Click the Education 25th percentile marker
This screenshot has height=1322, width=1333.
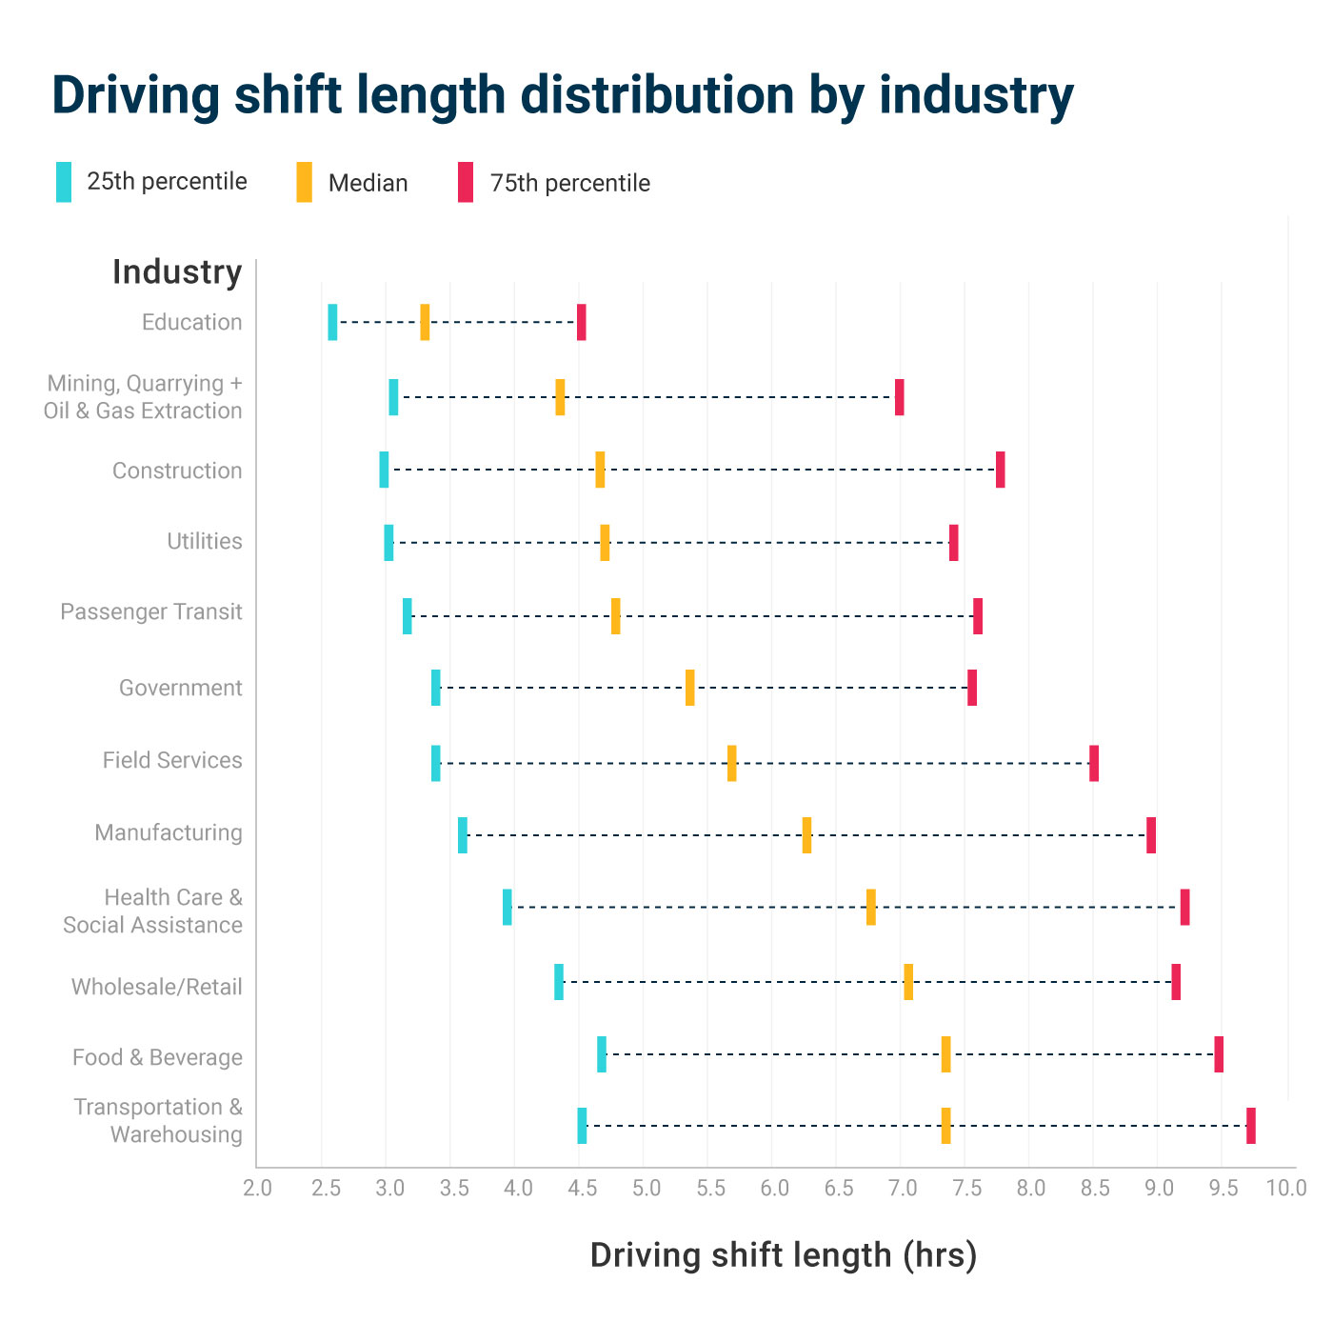[332, 322]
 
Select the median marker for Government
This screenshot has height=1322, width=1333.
[689, 688]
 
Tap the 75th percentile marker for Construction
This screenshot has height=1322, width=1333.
[1000, 470]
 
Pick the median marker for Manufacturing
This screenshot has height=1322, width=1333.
[806, 835]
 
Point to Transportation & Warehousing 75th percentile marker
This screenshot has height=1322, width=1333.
[1250, 1126]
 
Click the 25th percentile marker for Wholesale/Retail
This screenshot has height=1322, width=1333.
[559, 982]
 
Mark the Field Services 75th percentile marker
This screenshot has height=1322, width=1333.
[1094, 763]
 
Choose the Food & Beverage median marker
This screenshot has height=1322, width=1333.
[945, 1054]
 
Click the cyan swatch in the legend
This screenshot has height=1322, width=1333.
[64, 182]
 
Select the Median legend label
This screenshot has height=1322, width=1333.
[368, 183]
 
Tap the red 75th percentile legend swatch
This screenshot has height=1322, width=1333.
[466, 182]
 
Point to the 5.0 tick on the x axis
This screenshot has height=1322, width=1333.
[646, 1188]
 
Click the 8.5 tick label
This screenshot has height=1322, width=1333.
[1095, 1188]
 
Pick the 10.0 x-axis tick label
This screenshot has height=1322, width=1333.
[1286, 1188]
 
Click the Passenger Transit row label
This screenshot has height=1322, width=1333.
[151, 611]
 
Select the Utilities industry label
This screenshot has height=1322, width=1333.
[205, 541]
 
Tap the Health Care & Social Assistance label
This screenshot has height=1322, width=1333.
[153, 911]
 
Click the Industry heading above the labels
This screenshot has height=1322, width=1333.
[177, 271]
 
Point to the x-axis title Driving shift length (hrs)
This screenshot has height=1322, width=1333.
[783, 1255]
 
